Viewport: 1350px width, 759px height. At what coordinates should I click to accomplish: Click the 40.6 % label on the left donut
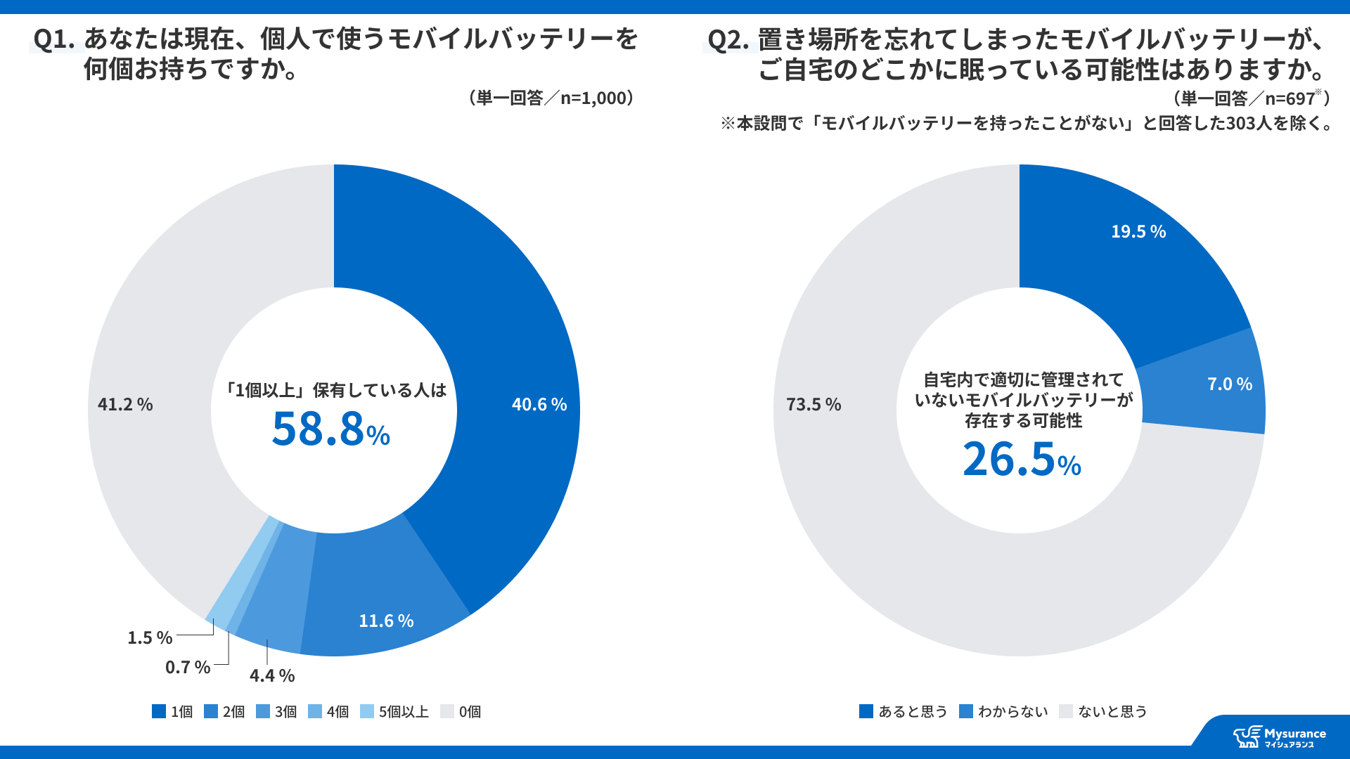pos(539,404)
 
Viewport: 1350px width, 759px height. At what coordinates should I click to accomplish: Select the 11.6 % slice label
pos(386,621)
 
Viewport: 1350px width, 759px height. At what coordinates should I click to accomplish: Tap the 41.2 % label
pos(125,404)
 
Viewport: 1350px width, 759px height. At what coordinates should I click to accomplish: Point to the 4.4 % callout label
pos(272,675)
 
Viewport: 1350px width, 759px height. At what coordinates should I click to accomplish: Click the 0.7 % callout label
pos(188,667)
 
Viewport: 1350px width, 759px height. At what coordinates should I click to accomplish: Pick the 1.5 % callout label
pos(150,637)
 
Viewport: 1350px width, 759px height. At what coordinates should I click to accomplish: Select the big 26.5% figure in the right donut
pos(1022,459)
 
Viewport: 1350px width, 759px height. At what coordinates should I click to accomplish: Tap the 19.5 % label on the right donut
pos(1138,231)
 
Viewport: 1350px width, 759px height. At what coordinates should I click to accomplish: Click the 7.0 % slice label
pos(1230,384)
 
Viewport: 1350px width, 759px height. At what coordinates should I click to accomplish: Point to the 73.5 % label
pos(814,404)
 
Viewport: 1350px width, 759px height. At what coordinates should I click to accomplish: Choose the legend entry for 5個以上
pos(394,711)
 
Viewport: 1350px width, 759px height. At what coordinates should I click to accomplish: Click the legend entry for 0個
pos(461,711)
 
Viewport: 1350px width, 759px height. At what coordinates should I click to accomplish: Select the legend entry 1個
pos(172,711)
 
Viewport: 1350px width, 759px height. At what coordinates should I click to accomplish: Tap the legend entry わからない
pos(1003,711)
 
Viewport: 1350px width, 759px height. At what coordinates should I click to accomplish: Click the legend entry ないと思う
pos(1103,711)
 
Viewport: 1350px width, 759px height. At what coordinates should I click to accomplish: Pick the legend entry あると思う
pos(904,711)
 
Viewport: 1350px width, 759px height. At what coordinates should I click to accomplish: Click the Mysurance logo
pos(1280,737)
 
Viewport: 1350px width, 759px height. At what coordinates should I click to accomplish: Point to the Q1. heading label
pos(54,39)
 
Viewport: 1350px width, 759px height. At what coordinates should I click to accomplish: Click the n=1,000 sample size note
pos(551,98)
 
